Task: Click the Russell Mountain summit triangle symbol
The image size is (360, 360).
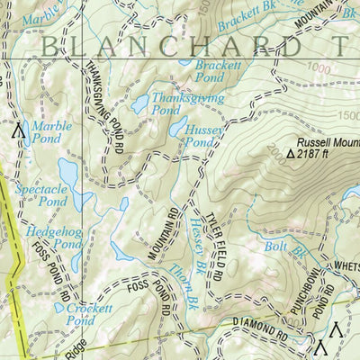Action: (290, 154)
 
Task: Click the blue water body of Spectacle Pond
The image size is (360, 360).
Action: (68, 171)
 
